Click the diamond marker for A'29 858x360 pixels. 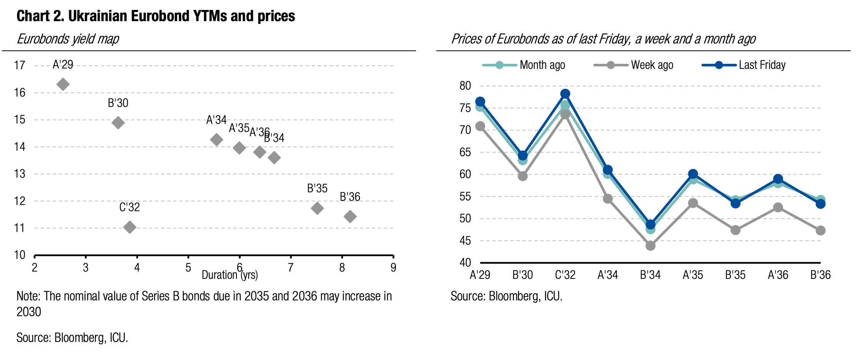63,84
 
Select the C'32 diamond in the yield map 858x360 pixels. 130,227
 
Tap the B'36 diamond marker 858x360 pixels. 350,216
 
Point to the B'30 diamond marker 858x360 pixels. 118,123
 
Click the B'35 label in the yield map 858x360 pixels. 317,188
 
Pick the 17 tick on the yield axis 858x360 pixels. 20,65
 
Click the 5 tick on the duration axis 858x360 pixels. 188,268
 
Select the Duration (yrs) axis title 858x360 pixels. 229,275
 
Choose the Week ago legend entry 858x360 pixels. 634,65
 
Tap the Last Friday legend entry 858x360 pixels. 744,65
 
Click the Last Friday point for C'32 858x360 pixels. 565,94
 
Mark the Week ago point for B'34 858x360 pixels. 650,245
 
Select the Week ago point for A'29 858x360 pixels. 480,126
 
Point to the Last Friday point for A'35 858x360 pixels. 693,174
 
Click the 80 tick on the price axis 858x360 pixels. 465,86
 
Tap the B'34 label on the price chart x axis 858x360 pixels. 650,275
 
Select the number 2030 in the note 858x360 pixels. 29,312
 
